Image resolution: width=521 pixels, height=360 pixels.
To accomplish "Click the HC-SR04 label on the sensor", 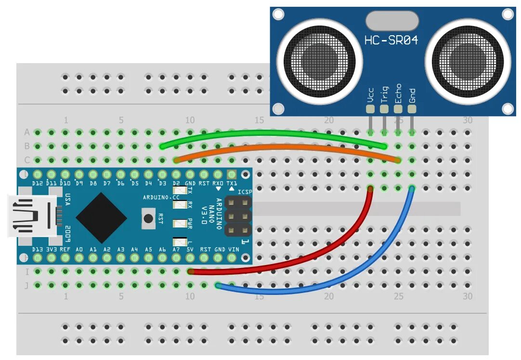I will [x=391, y=41].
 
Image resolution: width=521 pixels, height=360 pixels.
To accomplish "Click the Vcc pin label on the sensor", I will [x=370, y=95].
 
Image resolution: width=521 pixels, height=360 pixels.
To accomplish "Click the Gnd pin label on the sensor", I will [x=412, y=95].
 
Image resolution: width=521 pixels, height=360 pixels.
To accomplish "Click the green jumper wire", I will [x=270, y=133].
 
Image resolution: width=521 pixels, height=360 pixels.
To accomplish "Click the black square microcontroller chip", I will [x=102, y=218].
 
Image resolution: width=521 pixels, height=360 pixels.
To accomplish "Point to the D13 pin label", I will [x=38, y=249].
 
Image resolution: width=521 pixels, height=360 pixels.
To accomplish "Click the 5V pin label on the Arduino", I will [x=191, y=249].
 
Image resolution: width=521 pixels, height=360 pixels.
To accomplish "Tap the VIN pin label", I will [x=233, y=249].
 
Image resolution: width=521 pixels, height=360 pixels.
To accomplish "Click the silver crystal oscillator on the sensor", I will [x=391, y=21].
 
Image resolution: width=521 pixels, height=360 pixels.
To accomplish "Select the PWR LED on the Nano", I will [x=182, y=223].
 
